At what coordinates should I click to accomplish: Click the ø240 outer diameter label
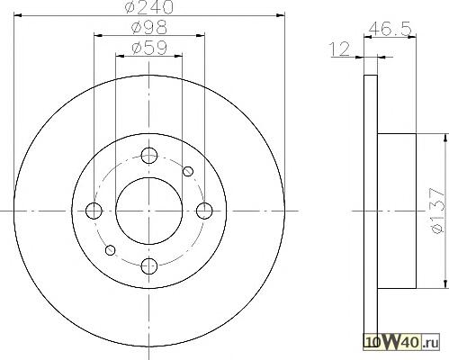click(x=149, y=6)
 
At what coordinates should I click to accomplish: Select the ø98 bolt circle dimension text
click(x=149, y=27)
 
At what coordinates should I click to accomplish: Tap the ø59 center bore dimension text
click(x=149, y=48)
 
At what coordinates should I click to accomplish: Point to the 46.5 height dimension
click(x=390, y=29)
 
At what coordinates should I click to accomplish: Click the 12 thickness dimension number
click(x=340, y=49)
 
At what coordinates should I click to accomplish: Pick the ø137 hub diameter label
click(x=436, y=211)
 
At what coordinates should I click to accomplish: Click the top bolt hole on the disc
click(x=149, y=156)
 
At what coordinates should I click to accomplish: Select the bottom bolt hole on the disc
click(x=149, y=266)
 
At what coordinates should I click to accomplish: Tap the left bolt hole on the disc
click(x=94, y=211)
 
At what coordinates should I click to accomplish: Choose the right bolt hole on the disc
click(x=204, y=211)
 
